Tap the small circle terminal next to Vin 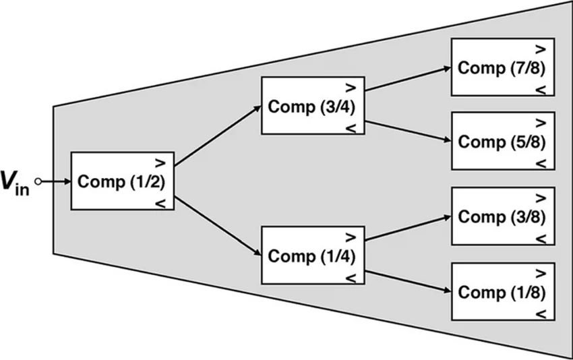pos(38,181)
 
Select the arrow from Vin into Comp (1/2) pos(55,181)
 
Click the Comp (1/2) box pos(123,181)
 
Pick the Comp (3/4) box pos(313,106)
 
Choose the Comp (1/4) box pos(313,255)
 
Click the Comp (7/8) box pos(503,67)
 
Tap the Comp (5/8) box pos(503,141)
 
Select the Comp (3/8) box pos(503,216)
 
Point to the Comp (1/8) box pos(503,292)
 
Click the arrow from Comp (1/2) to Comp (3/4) pos(218,136)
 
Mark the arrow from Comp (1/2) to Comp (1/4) pos(218,227)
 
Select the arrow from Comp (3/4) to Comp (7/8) pos(408,79)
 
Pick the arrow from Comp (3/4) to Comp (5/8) pos(408,131)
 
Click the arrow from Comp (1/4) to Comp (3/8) pos(408,229)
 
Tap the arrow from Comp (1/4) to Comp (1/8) pos(408,281)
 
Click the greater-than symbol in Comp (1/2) pos(160,163)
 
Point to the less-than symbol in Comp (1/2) pos(160,203)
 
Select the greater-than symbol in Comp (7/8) pos(541,49)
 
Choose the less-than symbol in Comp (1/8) pos(541,313)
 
